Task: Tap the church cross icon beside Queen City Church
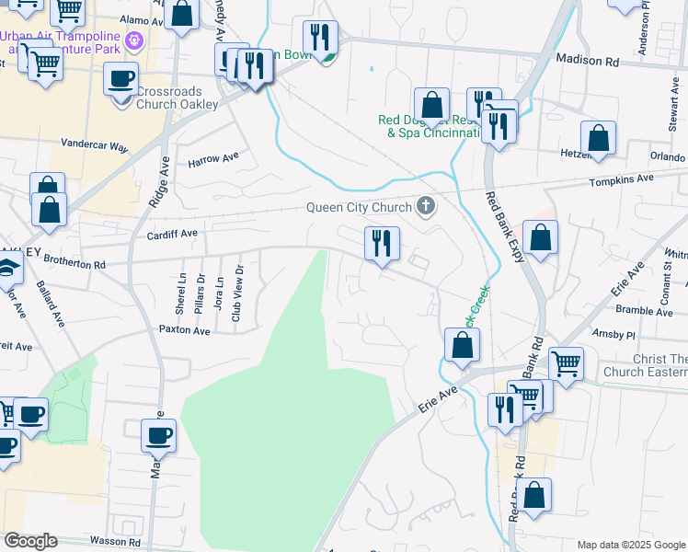pyautogui.click(x=425, y=205)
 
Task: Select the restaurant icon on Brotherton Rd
pyautogui.click(x=382, y=244)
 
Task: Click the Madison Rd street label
pyautogui.click(x=588, y=60)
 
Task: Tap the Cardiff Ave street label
pyautogui.click(x=172, y=235)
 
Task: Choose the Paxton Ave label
pyautogui.click(x=184, y=328)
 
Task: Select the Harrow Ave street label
pyautogui.click(x=212, y=159)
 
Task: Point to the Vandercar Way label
pyautogui.click(x=95, y=144)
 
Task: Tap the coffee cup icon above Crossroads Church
pyautogui.click(x=121, y=79)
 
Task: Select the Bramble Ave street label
pyautogui.click(x=645, y=311)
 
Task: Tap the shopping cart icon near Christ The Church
pyautogui.click(x=566, y=362)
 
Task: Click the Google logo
pyautogui.click(x=30, y=541)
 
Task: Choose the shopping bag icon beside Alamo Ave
pyautogui.click(x=183, y=15)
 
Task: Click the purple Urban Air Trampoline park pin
pyautogui.click(x=135, y=40)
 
